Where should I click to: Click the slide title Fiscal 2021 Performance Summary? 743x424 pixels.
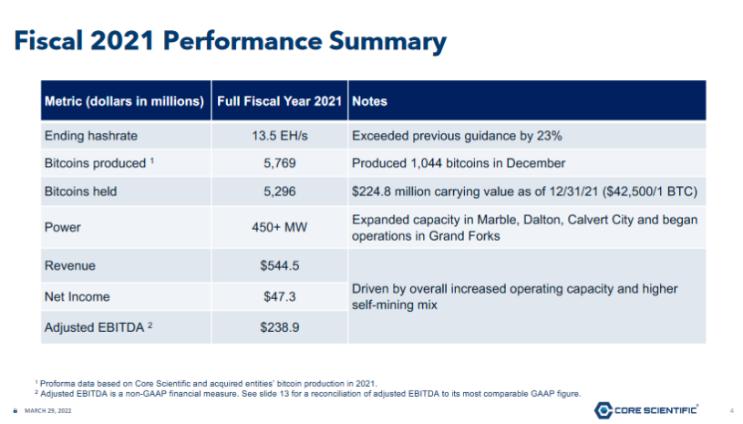click(228, 42)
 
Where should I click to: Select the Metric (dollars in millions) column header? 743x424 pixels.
click(124, 101)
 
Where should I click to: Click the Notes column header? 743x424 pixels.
click(369, 101)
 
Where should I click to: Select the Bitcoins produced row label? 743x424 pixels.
click(99, 163)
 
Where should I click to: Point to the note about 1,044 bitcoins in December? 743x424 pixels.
click(459, 163)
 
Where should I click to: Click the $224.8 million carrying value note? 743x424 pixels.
click(523, 191)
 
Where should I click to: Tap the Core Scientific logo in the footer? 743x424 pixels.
click(646, 410)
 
